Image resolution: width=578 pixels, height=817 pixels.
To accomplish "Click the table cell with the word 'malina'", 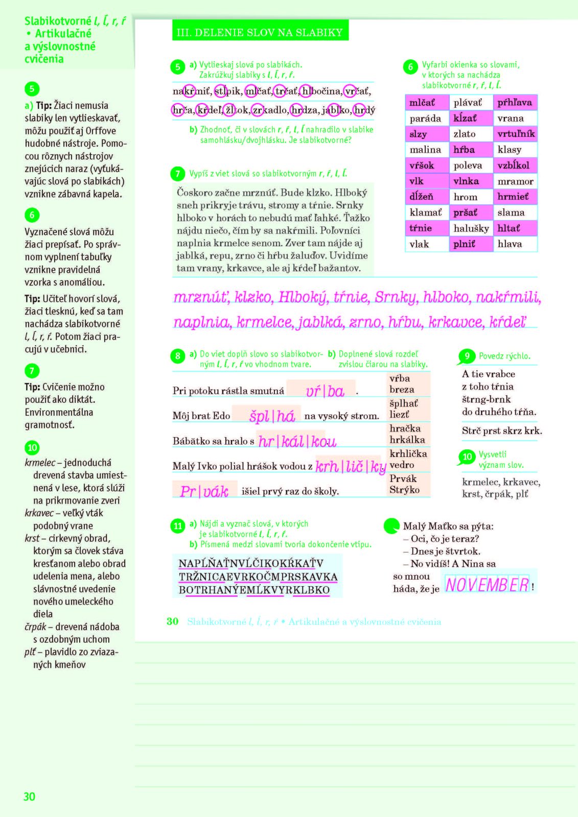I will pyautogui.click(x=425, y=150).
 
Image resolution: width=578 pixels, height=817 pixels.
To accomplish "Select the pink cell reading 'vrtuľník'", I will pyautogui.click(x=516, y=134).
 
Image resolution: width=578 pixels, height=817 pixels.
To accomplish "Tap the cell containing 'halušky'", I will pyautogui.click(x=471, y=228).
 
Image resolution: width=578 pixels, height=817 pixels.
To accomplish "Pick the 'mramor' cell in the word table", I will pyautogui.click(x=516, y=181).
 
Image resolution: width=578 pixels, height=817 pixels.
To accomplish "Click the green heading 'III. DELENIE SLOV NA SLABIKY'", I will pyautogui.click(x=260, y=33).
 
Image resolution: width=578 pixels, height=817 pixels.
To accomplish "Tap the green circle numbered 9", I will pyautogui.click(x=467, y=356).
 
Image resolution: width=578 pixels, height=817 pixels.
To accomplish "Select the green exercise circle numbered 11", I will pyautogui.click(x=177, y=525).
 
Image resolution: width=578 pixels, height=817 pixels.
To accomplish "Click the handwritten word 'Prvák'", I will pyautogui.click(x=204, y=491).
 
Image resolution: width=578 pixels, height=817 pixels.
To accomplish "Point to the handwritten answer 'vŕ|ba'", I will pyautogui.click(x=325, y=391).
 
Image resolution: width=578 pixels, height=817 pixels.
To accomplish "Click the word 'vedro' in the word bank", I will pyautogui.click(x=402, y=465).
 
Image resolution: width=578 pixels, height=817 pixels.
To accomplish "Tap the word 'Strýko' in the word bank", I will pyautogui.click(x=404, y=490).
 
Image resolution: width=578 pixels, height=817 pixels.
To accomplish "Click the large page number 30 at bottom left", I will pyautogui.click(x=30, y=796).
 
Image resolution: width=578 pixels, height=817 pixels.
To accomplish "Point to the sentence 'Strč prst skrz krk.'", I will pyautogui.click(x=501, y=430).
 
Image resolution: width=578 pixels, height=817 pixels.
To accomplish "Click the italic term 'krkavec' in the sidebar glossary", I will pyautogui.click(x=39, y=513).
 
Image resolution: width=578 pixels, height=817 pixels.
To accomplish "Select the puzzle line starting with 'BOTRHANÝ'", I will pyautogui.click(x=254, y=590).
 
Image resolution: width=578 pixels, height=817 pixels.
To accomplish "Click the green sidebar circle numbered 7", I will pyautogui.click(x=32, y=370).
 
